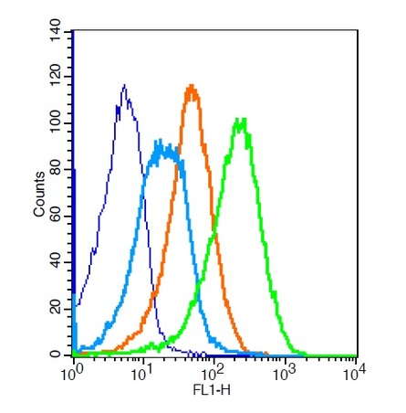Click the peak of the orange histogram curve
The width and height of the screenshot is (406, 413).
point(192,86)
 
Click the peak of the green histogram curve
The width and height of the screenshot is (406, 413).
point(241,119)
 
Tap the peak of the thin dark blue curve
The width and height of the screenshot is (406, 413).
point(124,85)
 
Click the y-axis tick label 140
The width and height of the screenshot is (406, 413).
point(56,30)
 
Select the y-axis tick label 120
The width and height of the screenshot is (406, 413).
point(56,77)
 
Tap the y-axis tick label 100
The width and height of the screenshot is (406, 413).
point(56,123)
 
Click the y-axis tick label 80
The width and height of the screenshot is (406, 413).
point(56,170)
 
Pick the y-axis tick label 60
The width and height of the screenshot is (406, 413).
point(56,217)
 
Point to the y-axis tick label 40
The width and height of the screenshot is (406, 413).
point(56,262)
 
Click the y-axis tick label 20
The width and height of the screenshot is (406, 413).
point(56,309)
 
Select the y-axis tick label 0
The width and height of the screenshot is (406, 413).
point(56,355)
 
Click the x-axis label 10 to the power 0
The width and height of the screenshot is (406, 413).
point(72,374)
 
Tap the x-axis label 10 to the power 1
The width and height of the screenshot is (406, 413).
point(143,374)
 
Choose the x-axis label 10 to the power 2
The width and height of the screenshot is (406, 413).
point(213,374)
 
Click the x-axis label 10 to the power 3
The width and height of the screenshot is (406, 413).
point(285,374)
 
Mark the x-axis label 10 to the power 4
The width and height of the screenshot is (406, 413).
point(355,374)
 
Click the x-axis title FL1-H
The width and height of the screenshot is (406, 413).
point(212,390)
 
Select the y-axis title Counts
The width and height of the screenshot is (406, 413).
point(39,195)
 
